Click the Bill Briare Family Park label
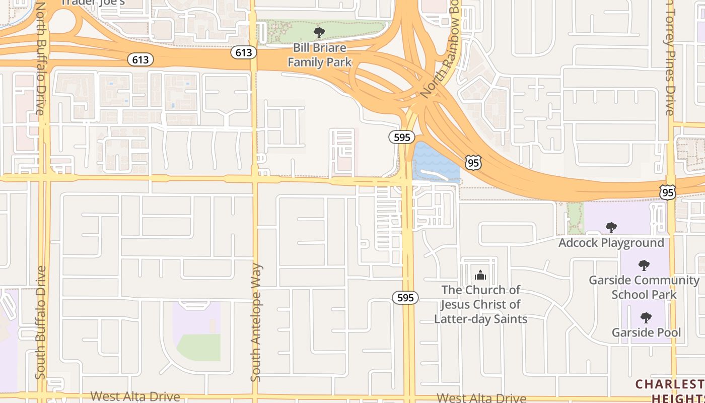pos(320,55)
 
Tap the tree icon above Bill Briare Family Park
pos(319,33)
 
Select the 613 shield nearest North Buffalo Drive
pos(140,60)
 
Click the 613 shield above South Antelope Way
pos(244,52)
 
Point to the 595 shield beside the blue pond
pos(402,137)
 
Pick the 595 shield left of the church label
pos(405,298)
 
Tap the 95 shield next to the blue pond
pos(473,162)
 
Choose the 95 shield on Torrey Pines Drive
pos(667,192)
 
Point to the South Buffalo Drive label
pos(41,322)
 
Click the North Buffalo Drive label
pos(40,58)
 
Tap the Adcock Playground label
pos(611,243)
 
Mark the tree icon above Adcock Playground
pos(611,228)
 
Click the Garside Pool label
pos(646,332)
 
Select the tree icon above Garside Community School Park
pos(644,265)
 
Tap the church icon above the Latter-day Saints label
pos(480,275)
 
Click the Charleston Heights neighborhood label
pos(670,391)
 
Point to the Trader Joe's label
pos(93,3)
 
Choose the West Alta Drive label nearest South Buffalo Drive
pos(135,396)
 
